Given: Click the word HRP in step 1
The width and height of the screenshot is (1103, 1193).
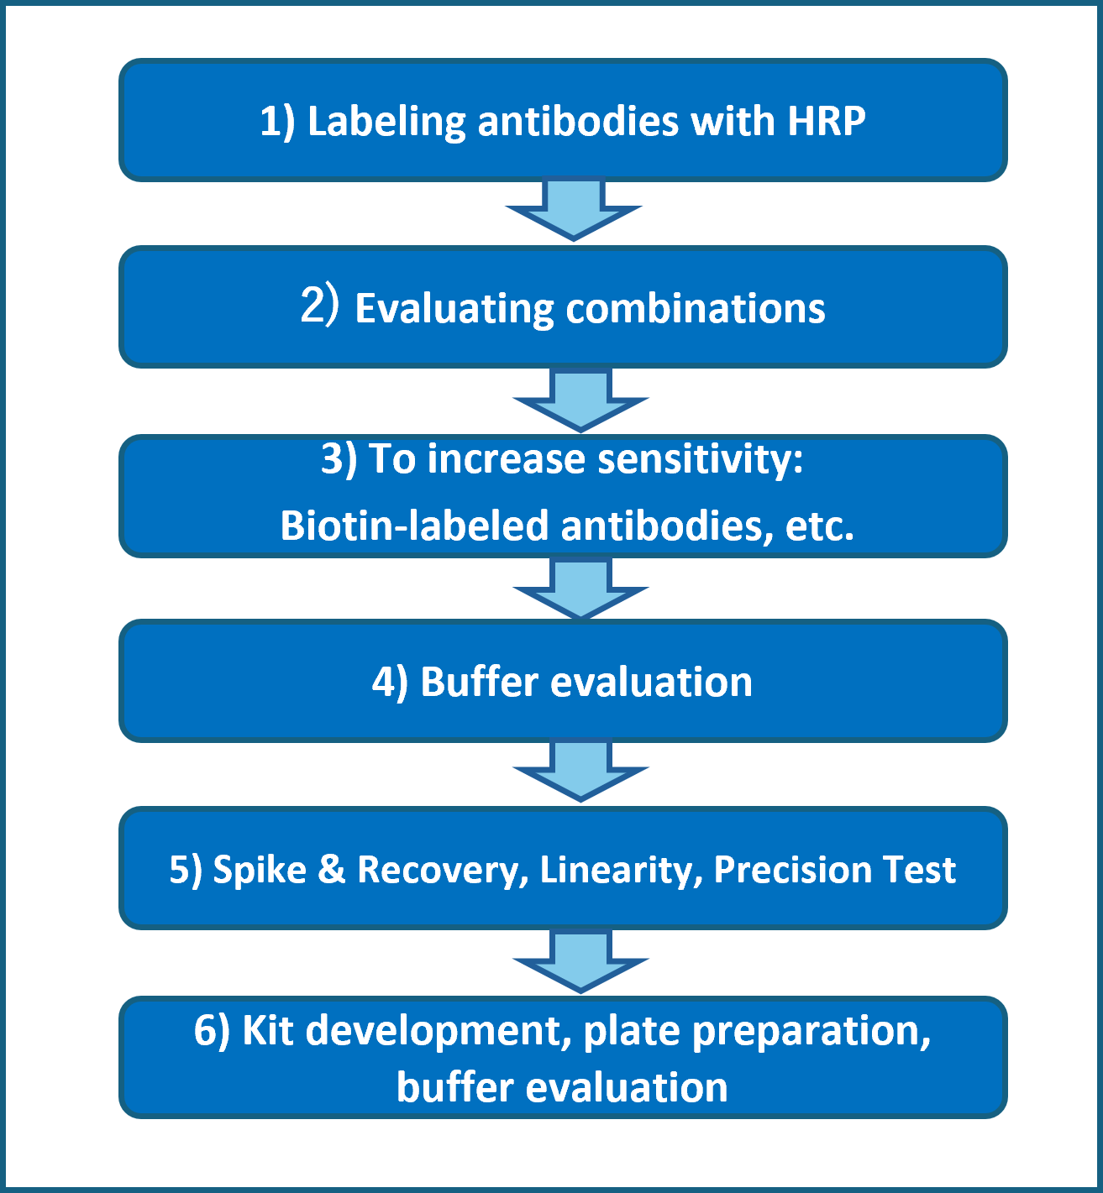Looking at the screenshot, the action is pyautogui.click(x=827, y=122).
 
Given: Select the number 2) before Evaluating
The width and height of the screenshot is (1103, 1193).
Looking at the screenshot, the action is pyautogui.click(x=319, y=305).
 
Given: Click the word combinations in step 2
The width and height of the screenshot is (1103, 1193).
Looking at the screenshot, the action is pyautogui.click(x=696, y=309).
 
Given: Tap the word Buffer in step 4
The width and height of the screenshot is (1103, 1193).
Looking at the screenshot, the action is pyautogui.click(x=479, y=682).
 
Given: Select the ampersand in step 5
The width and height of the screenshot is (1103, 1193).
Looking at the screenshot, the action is pyautogui.click(x=332, y=869).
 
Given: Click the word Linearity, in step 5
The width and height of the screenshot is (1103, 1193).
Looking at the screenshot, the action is pyautogui.click(x=622, y=871).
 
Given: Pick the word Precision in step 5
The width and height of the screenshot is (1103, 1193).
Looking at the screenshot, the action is pyautogui.click(x=792, y=869).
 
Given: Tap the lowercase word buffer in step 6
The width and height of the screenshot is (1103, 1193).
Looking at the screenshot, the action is pyautogui.click(x=454, y=1087).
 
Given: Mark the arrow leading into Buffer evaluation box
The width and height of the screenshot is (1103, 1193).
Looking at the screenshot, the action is pyautogui.click(x=580, y=589).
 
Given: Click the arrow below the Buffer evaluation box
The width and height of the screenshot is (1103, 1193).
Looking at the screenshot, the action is pyautogui.click(x=580, y=770).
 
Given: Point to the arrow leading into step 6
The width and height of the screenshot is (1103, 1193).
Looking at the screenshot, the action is pyautogui.click(x=580, y=960).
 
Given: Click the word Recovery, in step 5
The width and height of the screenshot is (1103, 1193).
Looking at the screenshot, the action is pyautogui.click(x=443, y=871).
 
